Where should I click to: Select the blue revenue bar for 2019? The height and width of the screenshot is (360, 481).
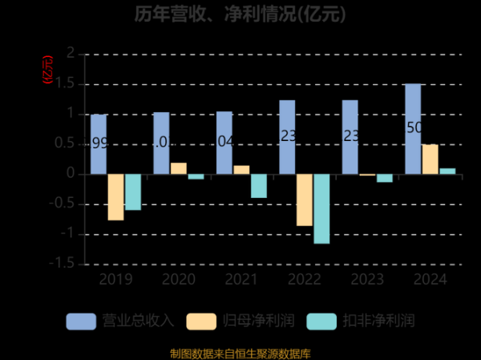pos(99,144)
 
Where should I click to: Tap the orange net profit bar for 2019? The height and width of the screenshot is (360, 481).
pos(115,196)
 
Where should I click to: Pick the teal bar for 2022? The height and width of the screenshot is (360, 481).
pos(321,208)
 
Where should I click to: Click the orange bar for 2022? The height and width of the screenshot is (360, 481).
pos(304,200)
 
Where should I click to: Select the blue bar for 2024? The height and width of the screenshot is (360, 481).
pos(413,129)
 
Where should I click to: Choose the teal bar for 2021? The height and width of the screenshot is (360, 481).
pos(258,186)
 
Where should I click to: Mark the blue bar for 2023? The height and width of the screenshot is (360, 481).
pos(350,137)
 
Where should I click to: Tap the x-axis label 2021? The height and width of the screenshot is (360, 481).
pos(241,280)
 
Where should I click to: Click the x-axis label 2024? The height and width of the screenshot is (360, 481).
pos(430,280)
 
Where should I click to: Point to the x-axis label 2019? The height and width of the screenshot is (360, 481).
pos(115,280)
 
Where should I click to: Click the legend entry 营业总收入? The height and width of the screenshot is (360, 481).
pos(120,321)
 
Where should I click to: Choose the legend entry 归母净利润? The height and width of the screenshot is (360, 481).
pos(240,321)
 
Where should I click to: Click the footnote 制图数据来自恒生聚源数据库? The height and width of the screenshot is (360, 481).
pos(240,353)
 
